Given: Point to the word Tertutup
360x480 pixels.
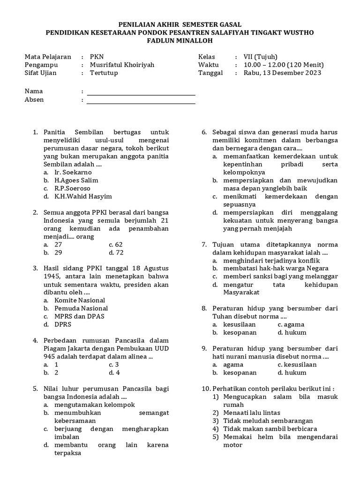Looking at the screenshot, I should pos(104,73).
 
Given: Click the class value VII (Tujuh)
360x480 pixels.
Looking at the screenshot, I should pos(261,57).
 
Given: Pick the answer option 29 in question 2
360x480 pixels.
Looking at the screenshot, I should pos(58,252).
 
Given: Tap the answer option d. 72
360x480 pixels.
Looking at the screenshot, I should pos(116,252).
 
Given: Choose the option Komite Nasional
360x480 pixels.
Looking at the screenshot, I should pos(79,300).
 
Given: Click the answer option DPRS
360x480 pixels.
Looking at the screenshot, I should pos(63,324).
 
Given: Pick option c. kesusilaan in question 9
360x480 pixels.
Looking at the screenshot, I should pos(297,364).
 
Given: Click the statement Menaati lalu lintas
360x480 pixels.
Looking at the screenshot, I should pos(252,412).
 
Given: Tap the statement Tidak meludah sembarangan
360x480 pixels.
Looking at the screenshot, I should pos(268,420).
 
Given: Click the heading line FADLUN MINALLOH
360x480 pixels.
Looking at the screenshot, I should pos(180,40).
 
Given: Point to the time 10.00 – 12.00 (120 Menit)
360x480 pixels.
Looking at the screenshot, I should pos(284,65).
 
